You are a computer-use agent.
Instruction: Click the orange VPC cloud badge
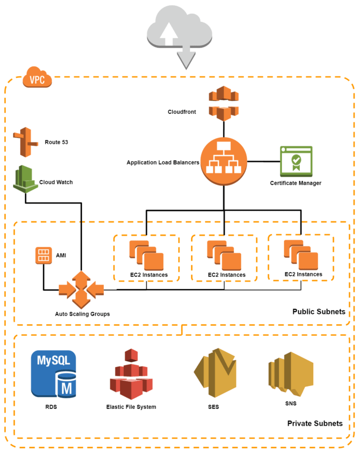tap(37, 78)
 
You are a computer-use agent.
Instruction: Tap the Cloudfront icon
tap(223, 103)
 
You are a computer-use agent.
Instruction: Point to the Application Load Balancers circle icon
tap(223, 163)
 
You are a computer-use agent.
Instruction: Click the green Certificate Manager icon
tap(296, 161)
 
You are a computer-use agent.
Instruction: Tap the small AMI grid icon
tap(43, 255)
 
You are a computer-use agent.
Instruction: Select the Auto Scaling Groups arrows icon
tap(81, 288)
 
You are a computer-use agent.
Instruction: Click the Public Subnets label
tap(318, 312)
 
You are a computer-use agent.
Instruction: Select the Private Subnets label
tap(315, 423)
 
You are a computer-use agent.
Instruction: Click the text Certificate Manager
tap(296, 183)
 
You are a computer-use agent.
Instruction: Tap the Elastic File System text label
tap(131, 407)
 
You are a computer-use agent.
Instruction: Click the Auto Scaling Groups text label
tap(82, 314)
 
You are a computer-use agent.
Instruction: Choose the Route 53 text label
tap(56, 143)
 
